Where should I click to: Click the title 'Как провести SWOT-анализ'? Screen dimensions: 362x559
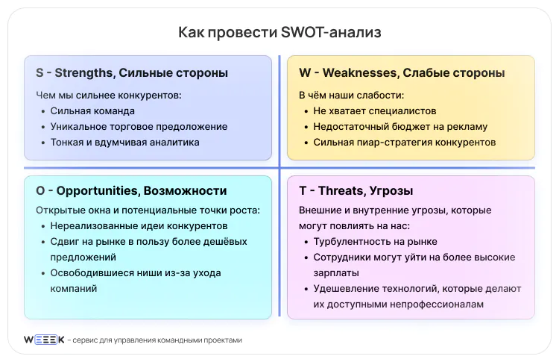(x=279, y=32)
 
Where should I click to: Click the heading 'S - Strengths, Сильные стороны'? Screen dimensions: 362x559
(x=131, y=73)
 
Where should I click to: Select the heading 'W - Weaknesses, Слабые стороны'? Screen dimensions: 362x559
(x=402, y=73)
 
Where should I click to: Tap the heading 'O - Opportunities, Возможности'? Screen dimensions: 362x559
(x=131, y=191)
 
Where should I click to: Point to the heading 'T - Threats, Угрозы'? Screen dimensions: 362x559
(x=356, y=191)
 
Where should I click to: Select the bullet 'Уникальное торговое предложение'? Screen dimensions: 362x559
(x=139, y=127)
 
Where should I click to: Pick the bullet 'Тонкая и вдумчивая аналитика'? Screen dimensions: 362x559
(x=125, y=142)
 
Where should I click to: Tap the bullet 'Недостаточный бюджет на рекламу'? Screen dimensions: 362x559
(x=400, y=127)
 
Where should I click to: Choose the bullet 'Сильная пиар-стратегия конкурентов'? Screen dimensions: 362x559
(x=405, y=142)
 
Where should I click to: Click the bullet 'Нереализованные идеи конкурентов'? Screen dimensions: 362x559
(x=139, y=225)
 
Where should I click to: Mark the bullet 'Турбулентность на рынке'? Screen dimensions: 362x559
(x=375, y=242)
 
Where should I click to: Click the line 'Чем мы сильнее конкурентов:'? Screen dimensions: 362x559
(x=109, y=96)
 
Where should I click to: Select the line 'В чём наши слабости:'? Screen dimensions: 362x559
(x=351, y=96)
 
